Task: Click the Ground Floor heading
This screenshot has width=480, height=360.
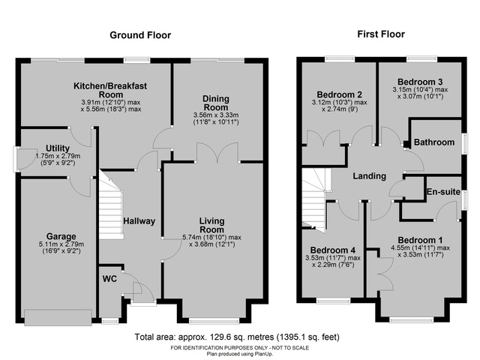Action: [140, 35]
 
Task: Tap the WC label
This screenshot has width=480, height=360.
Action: [109, 280]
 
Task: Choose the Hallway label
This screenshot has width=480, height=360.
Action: [139, 221]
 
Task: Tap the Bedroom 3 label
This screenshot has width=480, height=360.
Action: [421, 81]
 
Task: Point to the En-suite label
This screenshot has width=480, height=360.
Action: [443, 193]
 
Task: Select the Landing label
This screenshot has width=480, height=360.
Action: [369, 176]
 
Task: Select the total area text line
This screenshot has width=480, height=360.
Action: [239, 337]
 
